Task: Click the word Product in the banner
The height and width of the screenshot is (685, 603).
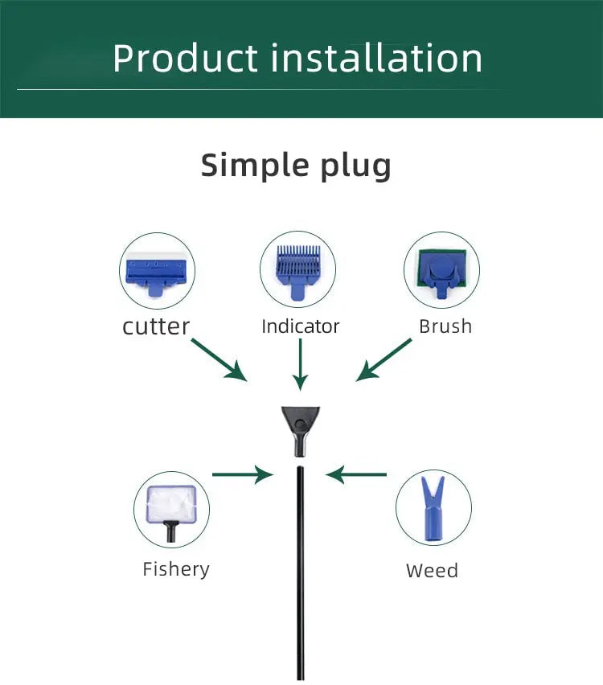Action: (185, 58)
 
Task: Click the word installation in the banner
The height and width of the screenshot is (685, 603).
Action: (376, 58)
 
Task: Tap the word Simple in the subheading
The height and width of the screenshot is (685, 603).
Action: (253, 165)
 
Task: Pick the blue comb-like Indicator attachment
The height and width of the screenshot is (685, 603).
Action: (298, 271)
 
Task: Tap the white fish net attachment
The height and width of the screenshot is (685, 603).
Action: (171, 511)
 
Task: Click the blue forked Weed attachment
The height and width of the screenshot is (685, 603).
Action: (433, 510)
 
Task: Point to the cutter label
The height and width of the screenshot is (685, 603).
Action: (156, 326)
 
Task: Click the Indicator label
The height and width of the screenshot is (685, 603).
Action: (300, 326)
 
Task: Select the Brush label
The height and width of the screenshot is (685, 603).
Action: (445, 326)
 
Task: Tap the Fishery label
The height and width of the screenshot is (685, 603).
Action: (176, 570)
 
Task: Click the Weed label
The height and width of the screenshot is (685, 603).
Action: (432, 571)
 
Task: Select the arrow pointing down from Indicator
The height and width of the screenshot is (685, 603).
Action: (300, 365)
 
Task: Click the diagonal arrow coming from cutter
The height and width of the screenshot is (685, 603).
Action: (219, 360)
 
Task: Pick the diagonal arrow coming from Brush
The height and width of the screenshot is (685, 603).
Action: (384, 360)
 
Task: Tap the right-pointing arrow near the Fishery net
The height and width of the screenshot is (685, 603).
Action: (243, 474)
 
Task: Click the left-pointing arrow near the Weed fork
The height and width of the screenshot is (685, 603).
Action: (355, 474)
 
